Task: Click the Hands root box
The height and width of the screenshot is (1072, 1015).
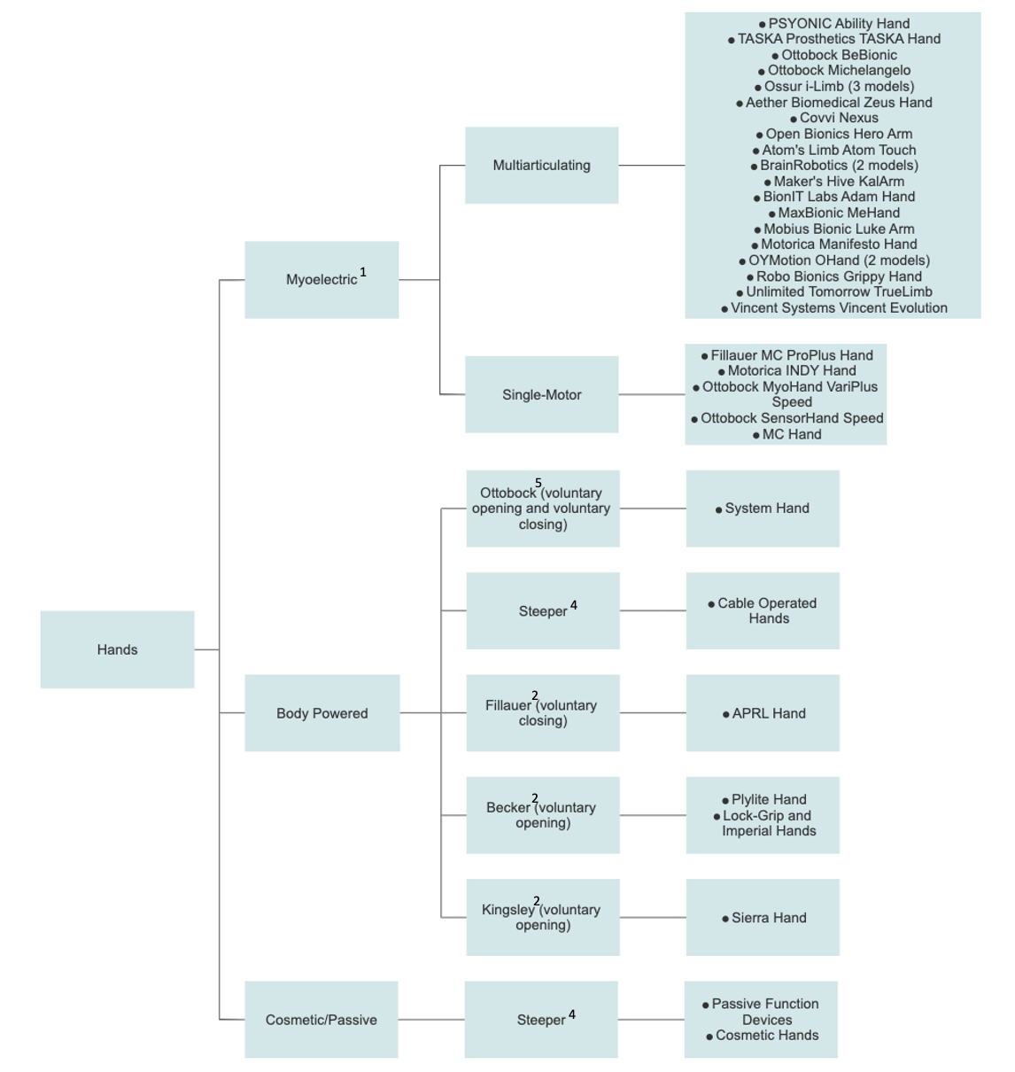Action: click(x=117, y=649)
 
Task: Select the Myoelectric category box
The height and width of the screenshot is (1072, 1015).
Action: click(x=321, y=280)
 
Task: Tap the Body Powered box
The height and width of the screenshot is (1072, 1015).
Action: click(x=322, y=713)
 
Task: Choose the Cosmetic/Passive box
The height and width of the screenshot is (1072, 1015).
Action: click(x=321, y=1020)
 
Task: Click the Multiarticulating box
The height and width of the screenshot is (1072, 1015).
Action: click(x=541, y=166)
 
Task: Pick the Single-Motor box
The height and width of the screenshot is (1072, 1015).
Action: click(x=541, y=395)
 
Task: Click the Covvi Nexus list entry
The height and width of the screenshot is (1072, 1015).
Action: click(x=838, y=118)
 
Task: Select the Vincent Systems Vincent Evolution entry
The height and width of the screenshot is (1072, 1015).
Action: click(x=838, y=308)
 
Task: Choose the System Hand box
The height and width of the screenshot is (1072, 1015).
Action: click(x=763, y=509)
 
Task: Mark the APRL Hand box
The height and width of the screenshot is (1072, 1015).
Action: click(x=763, y=713)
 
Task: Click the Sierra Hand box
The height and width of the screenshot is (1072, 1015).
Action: click(x=763, y=918)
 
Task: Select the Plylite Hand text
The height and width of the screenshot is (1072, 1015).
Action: click(x=768, y=799)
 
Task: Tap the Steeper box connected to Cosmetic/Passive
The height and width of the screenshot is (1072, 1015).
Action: click(x=541, y=1020)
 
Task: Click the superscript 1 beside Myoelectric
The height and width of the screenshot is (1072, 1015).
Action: click(x=363, y=273)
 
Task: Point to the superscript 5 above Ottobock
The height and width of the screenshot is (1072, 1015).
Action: click(x=538, y=483)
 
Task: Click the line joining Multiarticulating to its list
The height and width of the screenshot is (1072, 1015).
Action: click(x=651, y=166)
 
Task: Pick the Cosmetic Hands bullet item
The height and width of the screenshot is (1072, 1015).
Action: click(x=766, y=1036)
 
